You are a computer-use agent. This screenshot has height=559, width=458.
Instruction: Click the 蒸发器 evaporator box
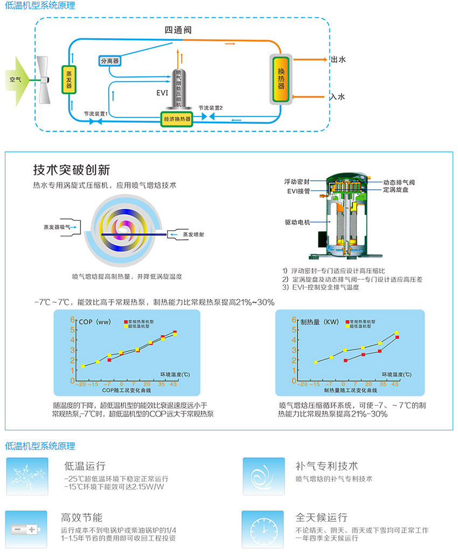69,79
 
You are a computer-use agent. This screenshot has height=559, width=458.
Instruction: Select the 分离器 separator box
109,61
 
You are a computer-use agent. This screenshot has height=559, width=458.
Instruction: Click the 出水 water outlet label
338,60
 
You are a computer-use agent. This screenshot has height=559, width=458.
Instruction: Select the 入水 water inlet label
338,97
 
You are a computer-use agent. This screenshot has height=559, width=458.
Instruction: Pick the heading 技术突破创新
72,170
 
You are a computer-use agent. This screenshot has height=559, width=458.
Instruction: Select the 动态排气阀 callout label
398,182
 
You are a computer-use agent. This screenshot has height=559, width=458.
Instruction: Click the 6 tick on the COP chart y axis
72,320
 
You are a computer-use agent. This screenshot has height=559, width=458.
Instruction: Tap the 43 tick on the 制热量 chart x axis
395,384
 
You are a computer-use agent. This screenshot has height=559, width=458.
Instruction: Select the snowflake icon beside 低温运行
26,476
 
